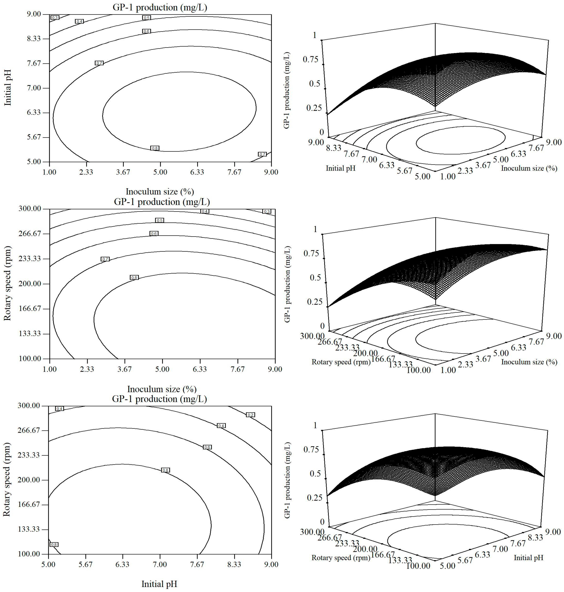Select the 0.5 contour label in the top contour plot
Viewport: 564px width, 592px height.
pos(146,18)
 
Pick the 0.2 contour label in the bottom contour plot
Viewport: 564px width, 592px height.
pos(250,415)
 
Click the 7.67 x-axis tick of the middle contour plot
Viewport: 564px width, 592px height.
pos(238,369)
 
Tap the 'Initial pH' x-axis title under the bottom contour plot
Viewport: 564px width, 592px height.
pos(159,584)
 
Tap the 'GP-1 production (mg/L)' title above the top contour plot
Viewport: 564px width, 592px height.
pos(160,7)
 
